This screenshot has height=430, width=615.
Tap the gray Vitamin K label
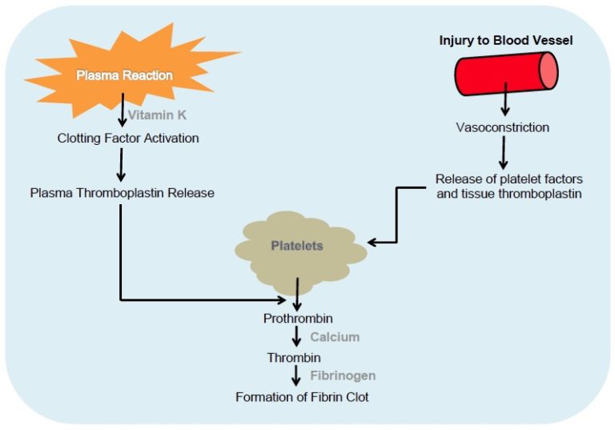tap(157, 115)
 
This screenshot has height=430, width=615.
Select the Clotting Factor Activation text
tap(128, 139)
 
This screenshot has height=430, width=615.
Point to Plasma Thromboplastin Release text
tap(122, 193)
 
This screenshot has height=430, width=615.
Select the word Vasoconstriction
tap(504, 127)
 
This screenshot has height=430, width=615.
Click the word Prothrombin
tap(298, 319)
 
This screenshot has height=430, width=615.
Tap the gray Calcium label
tap(335, 337)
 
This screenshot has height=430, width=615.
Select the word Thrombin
tap(294, 357)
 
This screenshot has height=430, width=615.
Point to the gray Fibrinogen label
tap(343, 376)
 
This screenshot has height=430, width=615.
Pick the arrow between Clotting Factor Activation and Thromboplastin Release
tap(122, 165)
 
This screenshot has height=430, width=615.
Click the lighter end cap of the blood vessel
tap(548, 71)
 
